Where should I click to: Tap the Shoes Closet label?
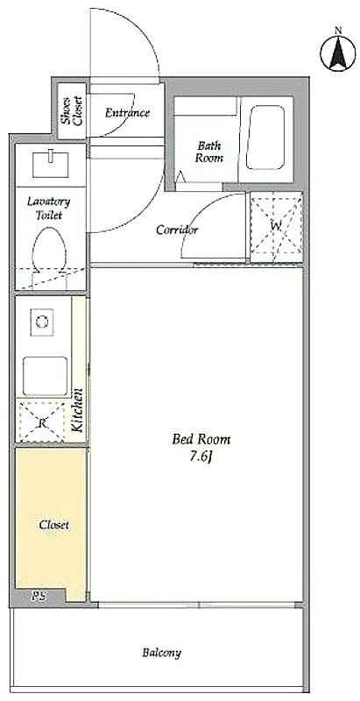tap(72, 110)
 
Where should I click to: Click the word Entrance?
tap(127, 113)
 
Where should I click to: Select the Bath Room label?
tap(209, 152)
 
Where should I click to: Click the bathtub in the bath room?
tap(265, 137)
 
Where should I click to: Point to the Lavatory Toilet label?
tap(49, 208)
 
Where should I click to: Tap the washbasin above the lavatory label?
tap(51, 164)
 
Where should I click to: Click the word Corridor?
tap(177, 230)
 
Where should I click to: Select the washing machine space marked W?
tap(276, 227)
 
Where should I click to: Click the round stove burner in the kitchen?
tap(42, 321)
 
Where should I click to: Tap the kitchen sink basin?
tap(46, 376)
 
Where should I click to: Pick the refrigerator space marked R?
tap(42, 422)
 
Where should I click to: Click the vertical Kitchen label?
tap(77, 410)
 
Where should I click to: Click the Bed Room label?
tap(201, 440)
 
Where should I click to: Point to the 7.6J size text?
tap(199, 457)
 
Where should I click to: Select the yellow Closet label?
tap(53, 525)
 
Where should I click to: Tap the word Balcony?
tap(162, 653)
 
